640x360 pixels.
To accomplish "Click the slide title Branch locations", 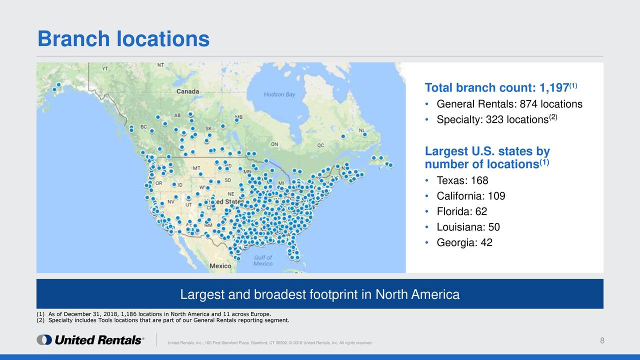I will click(x=123, y=38).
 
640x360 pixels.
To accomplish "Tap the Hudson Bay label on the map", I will click(x=279, y=94).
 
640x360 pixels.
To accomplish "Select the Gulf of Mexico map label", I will click(x=263, y=260).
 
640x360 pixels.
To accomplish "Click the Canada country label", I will click(x=188, y=91).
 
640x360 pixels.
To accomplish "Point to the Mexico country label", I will click(x=220, y=265).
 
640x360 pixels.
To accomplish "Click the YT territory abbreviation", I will click(x=105, y=68).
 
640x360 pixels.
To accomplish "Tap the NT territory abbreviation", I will click(x=160, y=65).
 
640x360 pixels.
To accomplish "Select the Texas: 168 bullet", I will click(x=462, y=180).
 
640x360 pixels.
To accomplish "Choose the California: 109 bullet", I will click(x=470, y=196).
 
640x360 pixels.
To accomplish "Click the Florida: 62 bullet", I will click(x=461, y=211).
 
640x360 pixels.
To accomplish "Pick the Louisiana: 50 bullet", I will click(x=468, y=227).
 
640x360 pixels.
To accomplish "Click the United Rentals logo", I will click(x=90, y=340).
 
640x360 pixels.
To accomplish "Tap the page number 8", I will click(x=602, y=340).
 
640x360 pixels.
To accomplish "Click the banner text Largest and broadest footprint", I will click(x=319, y=294).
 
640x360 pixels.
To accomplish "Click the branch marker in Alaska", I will click(x=58, y=85).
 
